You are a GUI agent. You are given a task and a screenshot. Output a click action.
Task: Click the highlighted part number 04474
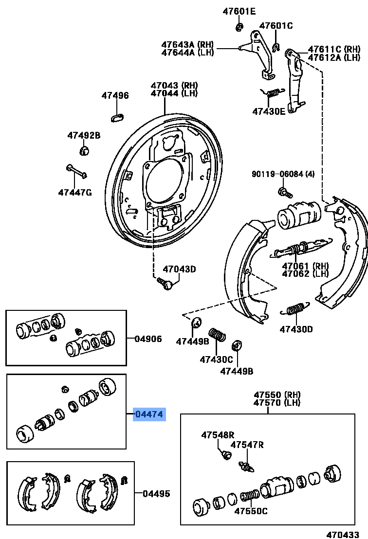tap(150, 414)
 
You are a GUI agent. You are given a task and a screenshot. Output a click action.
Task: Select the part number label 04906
tap(148, 339)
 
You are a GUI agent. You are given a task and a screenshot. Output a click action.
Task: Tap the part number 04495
tap(156, 494)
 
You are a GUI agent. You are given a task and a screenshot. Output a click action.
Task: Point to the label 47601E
tap(239, 11)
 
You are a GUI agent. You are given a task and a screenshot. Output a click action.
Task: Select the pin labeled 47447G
tap(76, 171)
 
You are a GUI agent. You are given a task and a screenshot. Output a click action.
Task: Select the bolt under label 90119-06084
tap(284, 192)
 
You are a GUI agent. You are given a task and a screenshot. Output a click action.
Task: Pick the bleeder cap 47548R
tap(225, 454)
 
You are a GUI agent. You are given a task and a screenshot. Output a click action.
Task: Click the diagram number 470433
tap(343, 534)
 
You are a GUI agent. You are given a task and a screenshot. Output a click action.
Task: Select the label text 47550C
tap(251, 511)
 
